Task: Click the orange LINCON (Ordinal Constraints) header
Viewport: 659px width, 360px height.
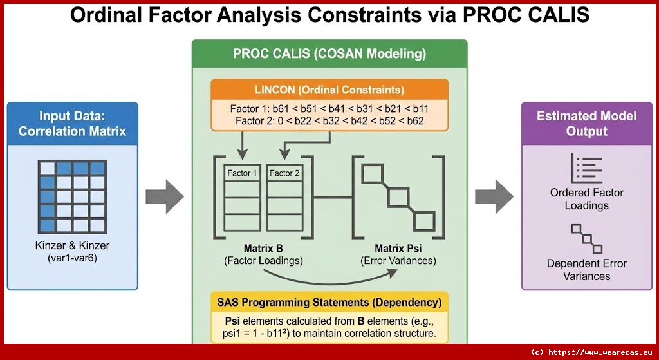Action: [x=329, y=90]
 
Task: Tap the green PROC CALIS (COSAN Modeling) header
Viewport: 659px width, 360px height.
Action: [x=329, y=54]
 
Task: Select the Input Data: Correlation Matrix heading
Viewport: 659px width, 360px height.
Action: [x=72, y=123]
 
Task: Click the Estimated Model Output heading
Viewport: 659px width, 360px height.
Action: [x=587, y=123]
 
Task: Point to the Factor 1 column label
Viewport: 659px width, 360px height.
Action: [x=242, y=173]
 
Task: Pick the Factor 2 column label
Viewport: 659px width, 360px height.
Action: [x=284, y=173]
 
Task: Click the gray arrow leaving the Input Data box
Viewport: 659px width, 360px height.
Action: [x=165, y=196]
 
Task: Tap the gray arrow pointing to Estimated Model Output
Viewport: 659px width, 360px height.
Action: [x=494, y=196]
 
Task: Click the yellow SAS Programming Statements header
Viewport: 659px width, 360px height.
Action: [x=329, y=302]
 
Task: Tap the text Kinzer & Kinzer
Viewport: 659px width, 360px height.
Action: [x=72, y=245]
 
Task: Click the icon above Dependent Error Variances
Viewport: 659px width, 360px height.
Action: [x=587, y=238]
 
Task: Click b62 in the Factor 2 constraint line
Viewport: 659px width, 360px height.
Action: [x=415, y=121]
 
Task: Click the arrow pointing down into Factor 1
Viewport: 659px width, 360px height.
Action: [x=242, y=146]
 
